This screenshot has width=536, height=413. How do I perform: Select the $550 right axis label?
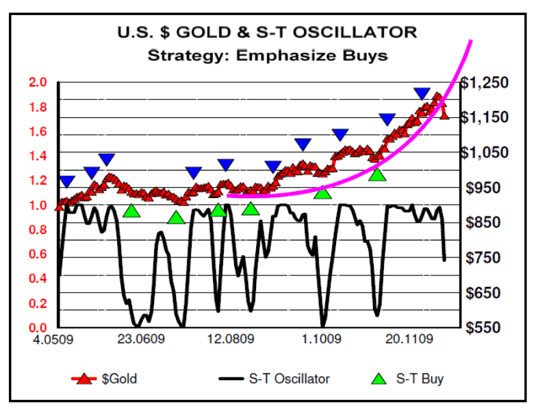tap(487, 327)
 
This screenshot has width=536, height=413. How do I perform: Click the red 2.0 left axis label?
tap(38, 83)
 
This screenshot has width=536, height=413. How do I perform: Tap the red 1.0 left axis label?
tap(38, 205)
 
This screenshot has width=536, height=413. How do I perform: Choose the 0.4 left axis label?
tap(38, 279)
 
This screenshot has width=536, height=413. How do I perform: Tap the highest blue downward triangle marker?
tap(422, 94)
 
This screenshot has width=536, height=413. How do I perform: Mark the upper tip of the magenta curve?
tap(471, 42)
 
